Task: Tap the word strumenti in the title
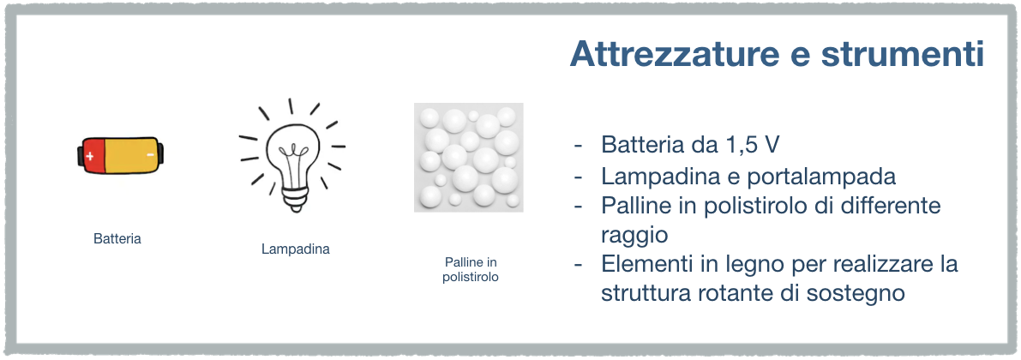click(x=902, y=54)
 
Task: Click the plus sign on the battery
click(x=90, y=156)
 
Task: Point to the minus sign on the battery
click(x=150, y=155)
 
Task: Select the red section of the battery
click(x=93, y=156)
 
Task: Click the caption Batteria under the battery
click(x=117, y=239)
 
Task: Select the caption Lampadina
click(x=296, y=249)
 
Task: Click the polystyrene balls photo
click(x=469, y=157)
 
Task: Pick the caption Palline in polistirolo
click(x=471, y=269)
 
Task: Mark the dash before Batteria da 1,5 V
click(x=578, y=146)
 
